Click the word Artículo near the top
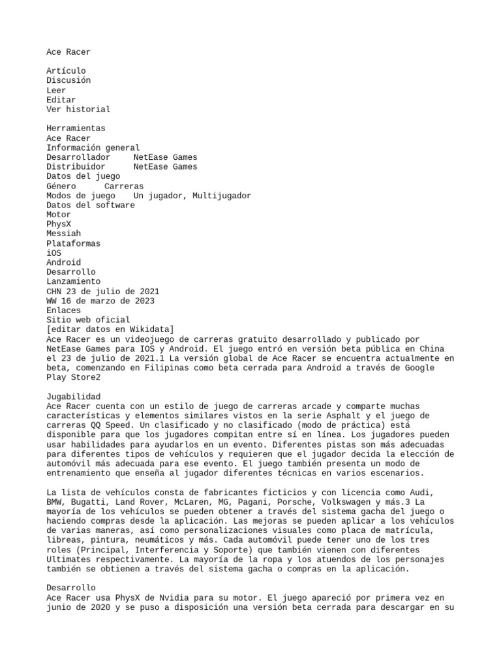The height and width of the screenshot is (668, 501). click(66, 70)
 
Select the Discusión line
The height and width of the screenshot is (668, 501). click(68, 80)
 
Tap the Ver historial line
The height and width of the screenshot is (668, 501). click(78, 109)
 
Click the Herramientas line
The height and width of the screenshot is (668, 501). click(76, 129)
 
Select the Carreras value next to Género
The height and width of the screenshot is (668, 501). click(124, 186)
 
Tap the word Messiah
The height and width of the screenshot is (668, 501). click(64, 234)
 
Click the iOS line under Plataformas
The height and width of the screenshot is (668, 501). click(54, 252)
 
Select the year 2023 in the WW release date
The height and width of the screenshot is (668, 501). click(145, 301)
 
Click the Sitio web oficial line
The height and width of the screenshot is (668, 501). click(88, 320)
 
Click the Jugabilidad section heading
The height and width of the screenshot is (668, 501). click(73, 396)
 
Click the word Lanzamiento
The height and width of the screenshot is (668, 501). click(73, 281)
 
